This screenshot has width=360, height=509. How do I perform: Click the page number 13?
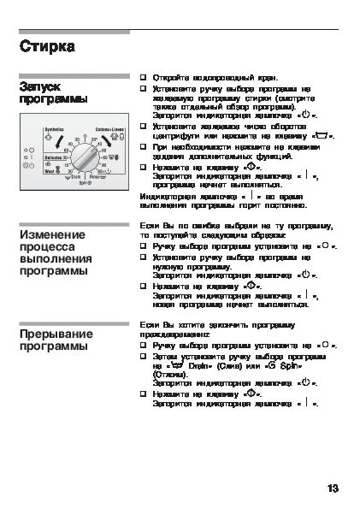pos(333,488)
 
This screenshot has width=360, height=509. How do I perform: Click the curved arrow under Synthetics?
pos(51,137)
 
